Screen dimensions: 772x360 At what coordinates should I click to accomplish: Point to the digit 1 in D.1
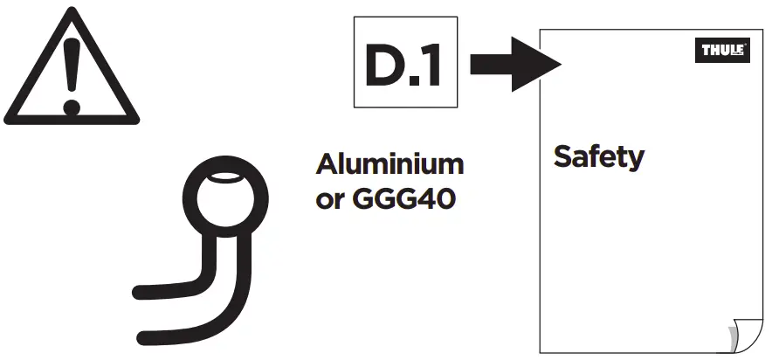431,66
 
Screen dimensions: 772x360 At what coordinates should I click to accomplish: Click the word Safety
598,157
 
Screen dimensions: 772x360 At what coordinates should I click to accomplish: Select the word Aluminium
389,164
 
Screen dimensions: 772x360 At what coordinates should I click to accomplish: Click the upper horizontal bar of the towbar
166,287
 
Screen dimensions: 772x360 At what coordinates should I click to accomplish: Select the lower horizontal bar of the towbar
175,332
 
